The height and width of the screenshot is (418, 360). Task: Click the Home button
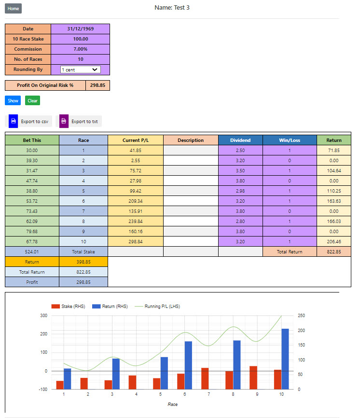coord(14,9)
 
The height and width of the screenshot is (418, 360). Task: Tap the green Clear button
coord(32,100)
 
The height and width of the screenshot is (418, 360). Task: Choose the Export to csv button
coord(30,121)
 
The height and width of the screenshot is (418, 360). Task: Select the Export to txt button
coord(81,121)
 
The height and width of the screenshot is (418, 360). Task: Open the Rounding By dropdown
coord(80,70)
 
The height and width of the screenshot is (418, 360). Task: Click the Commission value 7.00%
coord(80,49)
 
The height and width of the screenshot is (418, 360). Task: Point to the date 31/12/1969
coord(80,29)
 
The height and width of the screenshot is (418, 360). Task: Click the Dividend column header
coord(240,140)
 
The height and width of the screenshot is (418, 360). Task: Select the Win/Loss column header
coord(290,140)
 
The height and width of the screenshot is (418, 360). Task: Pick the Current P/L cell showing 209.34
coord(135,201)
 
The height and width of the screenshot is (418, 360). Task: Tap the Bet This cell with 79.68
coord(32,231)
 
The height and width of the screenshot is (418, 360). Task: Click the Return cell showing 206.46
coord(333,241)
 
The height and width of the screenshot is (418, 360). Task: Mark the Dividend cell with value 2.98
coord(240,191)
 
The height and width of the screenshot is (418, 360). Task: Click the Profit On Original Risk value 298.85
coord(98,85)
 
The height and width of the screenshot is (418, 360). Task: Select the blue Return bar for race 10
coord(285,359)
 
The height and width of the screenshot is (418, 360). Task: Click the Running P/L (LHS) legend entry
coord(161,307)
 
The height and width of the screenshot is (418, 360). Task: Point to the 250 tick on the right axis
coord(302,316)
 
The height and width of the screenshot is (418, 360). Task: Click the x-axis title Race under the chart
coord(172,404)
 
